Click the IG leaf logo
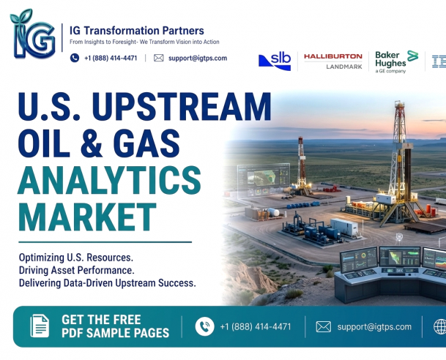click(x=33, y=34)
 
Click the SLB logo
click(x=275, y=61)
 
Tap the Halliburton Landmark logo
click(x=333, y=61)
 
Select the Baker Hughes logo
click(x=396, y=61)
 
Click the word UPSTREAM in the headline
click(x=182, y=107)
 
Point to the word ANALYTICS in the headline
click(x=110, y=180)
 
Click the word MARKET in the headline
click(x=88, y=217)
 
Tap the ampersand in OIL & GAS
click(x=91, y=143)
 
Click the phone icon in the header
click(x=75, y=58)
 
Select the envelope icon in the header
click(x=159, y=58)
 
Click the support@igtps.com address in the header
click(x=198, y=59)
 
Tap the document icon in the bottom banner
click(x=40, y=326)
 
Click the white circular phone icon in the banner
click(x=204, y=326)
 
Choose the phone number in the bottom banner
click(x=256, y=327)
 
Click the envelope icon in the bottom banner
click(x=324, y=327)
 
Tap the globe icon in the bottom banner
click(x=439, y=327)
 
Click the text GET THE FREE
click(x=101, y=320)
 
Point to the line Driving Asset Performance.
click(x=76, y=270)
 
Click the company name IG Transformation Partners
click(x=137, y=31)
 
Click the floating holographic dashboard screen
click(x=264, y=180)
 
